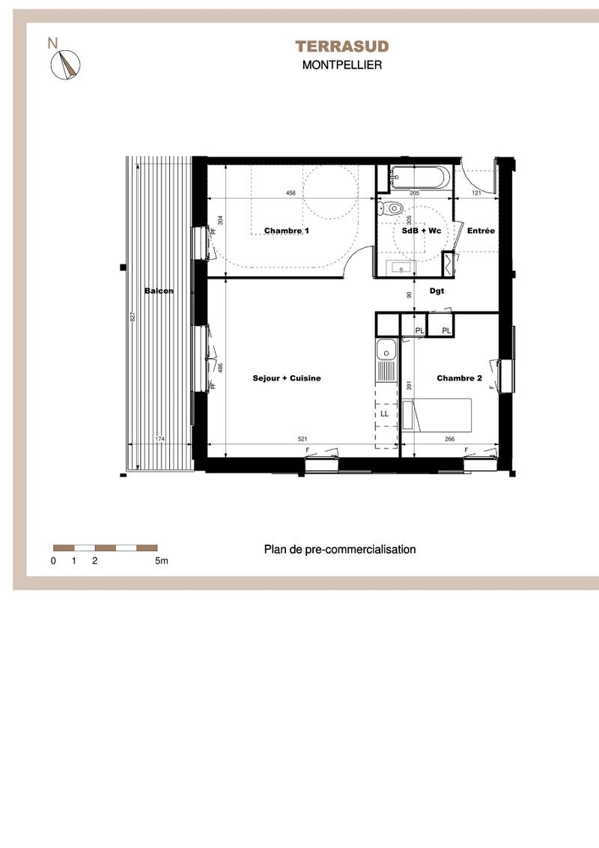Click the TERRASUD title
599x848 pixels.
click(x=341, y=46)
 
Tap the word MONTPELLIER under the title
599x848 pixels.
click(x=342, y=65)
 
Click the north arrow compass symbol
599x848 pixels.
click(x=65, y=64)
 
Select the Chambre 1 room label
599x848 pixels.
click(x=287, y=231)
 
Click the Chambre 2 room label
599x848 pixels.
click(x=459, y=378)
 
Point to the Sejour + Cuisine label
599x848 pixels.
click(x=287, y=378)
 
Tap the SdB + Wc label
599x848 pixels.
click(x=421, y=231)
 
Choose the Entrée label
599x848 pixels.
click(x=481, y=231)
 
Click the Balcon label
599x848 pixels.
click(x=159, y=291)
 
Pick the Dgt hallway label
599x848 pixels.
click(x=437, y=291)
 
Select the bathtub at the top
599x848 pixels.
click(x=419, y=178)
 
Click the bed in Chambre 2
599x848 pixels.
click(x=437, y=415)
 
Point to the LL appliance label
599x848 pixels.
click(x=384, y=414)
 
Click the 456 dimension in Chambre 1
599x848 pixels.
click(x=291, y=193)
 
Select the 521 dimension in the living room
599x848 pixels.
click(x=302, y=439)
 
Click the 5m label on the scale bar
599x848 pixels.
click(x=162, y=561)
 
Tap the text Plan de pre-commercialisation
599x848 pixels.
click(x=340, y=549)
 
